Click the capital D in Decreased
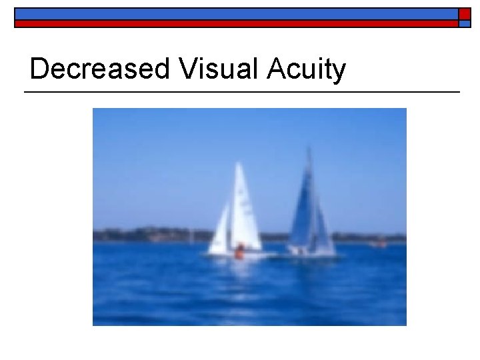(x=40, y=69)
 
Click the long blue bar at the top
(x=236, y=13)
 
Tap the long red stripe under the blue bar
(x=236, y=23)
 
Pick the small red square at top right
(x=465, y=13)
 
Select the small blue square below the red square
(x=465, y=23)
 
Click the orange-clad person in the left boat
(x=239, y=252)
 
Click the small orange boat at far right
(x=381, y=243)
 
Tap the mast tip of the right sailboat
(x=308, y=149)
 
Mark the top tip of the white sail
(x=238, y=163)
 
